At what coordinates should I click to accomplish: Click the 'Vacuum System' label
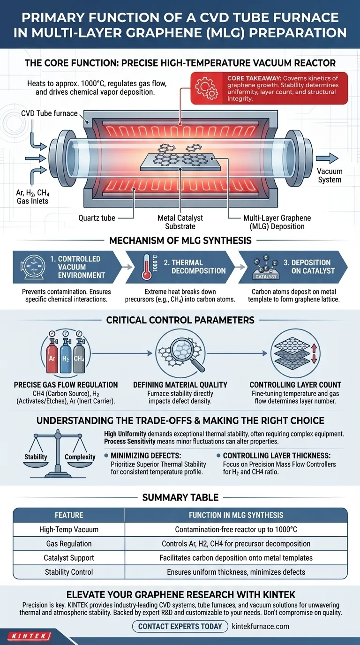tap(330, 176)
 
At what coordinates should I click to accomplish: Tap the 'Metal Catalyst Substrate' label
tap(180, 222)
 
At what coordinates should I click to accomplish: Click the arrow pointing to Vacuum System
tap(327, 158)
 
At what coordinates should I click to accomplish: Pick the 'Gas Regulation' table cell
tap(68, 544)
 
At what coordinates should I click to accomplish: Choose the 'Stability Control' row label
tap(69, 572)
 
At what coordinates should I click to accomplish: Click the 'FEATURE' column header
tap(69, 515)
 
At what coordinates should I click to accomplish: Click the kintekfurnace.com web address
tap(261, 626)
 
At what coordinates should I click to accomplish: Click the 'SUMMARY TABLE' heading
tap(180, 497)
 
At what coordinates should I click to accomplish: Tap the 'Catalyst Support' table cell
tap(69, 558)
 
